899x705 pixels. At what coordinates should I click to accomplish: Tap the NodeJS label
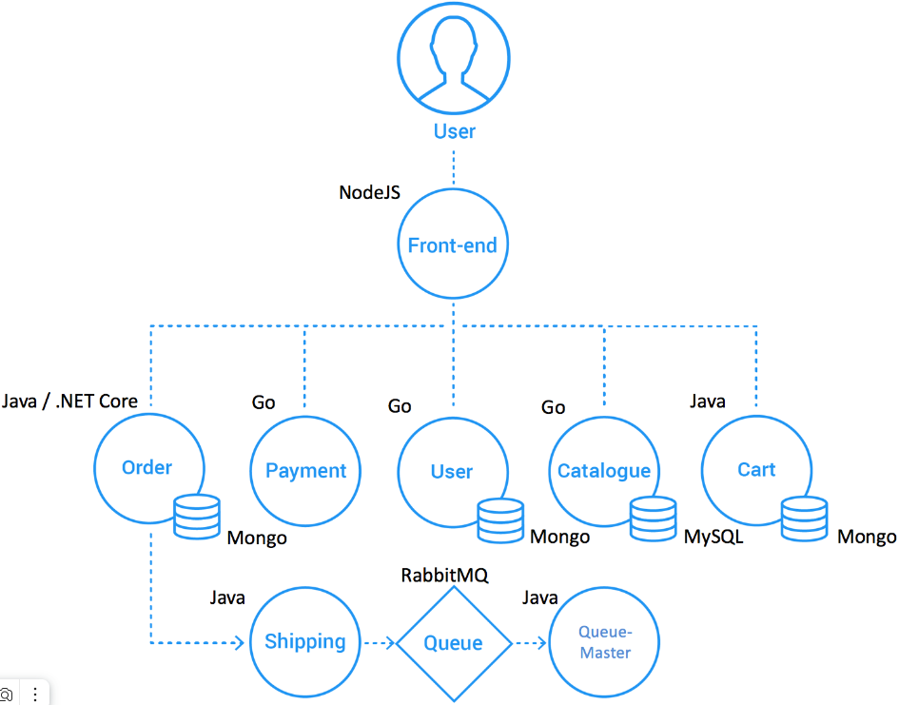[369, 192]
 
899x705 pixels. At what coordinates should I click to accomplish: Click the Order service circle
[147, 467]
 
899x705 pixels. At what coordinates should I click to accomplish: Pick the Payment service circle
[305, 470]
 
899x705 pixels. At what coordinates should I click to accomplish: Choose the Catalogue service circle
[604, 470]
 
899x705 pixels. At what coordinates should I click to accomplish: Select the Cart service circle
[756, 469]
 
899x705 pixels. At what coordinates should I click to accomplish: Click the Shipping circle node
[304, 641]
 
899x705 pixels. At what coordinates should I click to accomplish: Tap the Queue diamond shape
[453, 643]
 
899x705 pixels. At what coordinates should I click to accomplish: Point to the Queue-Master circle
[605, 642]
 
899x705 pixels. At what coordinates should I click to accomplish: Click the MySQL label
[713, 538]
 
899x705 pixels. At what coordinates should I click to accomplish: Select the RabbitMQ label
[444, 575]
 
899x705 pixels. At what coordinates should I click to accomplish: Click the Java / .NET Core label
[69, 401]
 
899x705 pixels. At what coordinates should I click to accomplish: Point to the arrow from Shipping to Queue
[378, 643]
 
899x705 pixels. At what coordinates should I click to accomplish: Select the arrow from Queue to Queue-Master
[530, 643]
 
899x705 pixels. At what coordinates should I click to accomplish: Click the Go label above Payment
[264, 402]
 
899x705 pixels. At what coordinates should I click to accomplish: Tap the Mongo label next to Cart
[866, 538]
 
